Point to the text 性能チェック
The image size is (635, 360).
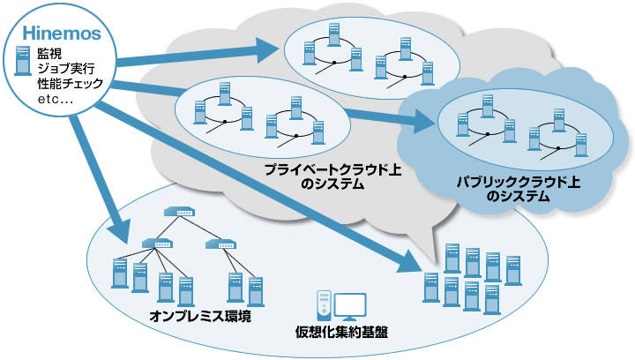coord(70,85)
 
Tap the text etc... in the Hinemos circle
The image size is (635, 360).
coord(56,100)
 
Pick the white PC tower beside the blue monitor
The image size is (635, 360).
coord(324,305)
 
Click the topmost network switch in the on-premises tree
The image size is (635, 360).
coord(181,214)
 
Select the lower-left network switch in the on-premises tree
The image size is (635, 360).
coord(158,243)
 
